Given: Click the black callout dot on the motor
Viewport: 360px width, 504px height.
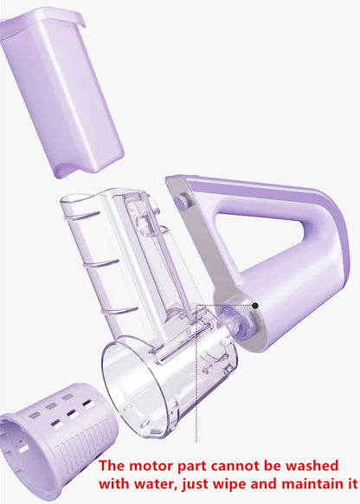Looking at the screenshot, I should click(254, 305).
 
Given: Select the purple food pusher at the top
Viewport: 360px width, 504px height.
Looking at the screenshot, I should click(61, 87).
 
